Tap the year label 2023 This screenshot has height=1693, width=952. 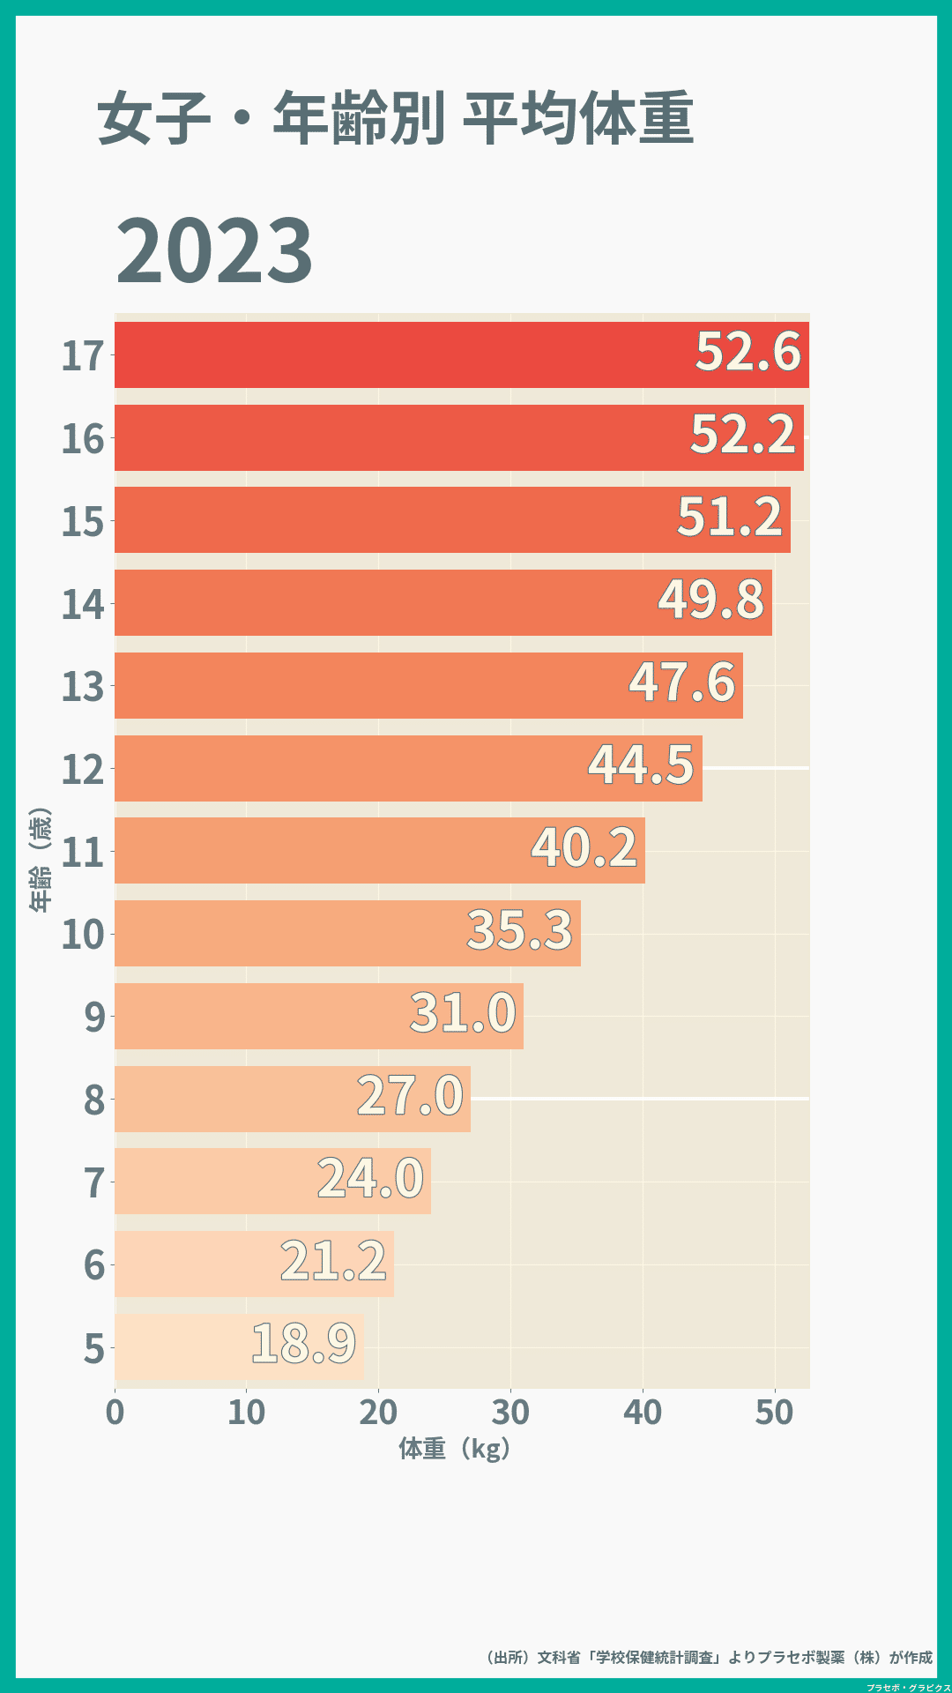pyautogui.click(x=214, y=251)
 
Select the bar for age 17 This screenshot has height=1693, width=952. pyautogui.click(x=397, y=354)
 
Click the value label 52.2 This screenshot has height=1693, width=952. pyautogui.click(x=743, y=435)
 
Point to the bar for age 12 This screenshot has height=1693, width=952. pyautogui.click(x=353, y=768)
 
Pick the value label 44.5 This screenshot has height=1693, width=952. pyautogui.click(x=641, y=764)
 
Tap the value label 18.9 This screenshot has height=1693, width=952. pyautogui.click(x=304, y=1344)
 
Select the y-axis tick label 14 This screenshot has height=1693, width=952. pyautogui.click(x=83, y=605)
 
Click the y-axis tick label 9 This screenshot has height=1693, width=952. pyautogui.click(x=94, y=1018)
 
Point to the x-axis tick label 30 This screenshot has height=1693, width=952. pyautogui.click(x=510, y=1413)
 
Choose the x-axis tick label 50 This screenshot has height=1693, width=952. pyautogui.click(x=774, y=1413)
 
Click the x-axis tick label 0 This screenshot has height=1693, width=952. pyautogui.click(x=115, y=1413)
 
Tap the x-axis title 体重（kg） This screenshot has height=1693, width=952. pyautogui.click(x=454, y=1449)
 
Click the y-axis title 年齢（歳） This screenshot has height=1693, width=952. pyautogui.click(x=40, y=860)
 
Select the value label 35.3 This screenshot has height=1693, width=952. pyautogui.click(x=519, y=930)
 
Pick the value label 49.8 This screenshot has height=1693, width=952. pyautogui.click(x=710, y=600)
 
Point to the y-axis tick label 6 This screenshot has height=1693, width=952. pyautogui.click(x=94, y=1265)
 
